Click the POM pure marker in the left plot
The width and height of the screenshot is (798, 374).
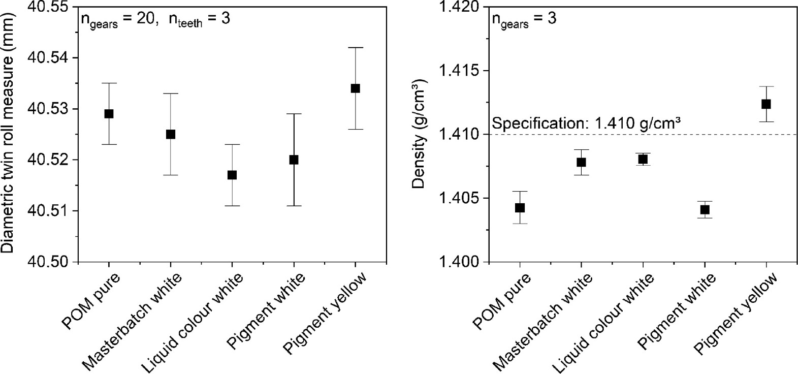[x=109, y=114]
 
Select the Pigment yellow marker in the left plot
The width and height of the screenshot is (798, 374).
[x=355, y=88]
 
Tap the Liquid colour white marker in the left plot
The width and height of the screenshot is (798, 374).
[x=232, y=175]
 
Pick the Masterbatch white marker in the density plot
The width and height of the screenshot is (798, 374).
[x=581, y=162]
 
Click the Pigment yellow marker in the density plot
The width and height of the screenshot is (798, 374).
[x=766, y=104]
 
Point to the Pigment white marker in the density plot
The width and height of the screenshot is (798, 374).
[x=705, y=209]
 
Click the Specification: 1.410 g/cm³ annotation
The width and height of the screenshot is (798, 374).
[x=586, y=123]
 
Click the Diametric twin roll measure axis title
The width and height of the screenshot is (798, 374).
[x=9, y=132]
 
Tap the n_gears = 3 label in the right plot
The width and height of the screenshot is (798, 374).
[x=524, y=20]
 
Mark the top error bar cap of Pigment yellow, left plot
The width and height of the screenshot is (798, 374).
[x=355, y=47]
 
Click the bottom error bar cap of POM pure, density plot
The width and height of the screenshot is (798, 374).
[x=520, y=224]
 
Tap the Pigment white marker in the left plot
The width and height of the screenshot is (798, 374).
[x=294, y=160]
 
